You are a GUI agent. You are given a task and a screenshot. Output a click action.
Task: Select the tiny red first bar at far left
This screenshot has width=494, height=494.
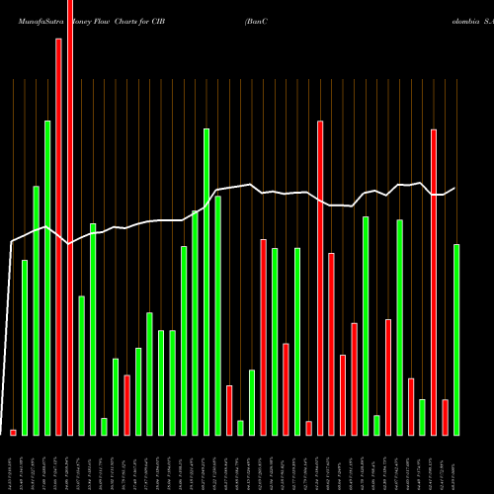tap(13, 432)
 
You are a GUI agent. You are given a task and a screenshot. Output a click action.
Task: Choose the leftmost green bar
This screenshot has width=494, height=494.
tap(25, 347)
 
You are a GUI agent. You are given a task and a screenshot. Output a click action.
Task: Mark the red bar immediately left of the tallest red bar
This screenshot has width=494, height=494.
tap(58, 237)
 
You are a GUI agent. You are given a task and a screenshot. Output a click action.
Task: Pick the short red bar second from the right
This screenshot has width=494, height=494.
tap(445, 417)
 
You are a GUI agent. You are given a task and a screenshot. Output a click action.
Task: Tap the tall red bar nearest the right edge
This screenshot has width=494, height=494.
tap(434, 282)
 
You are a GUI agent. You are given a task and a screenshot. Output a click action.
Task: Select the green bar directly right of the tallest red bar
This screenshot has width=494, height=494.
tap(82, 365)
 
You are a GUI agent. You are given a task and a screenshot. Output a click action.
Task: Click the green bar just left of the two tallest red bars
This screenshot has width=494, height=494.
tap(47, 278)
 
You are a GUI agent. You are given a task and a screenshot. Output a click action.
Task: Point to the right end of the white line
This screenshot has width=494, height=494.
tap(455, 188)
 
